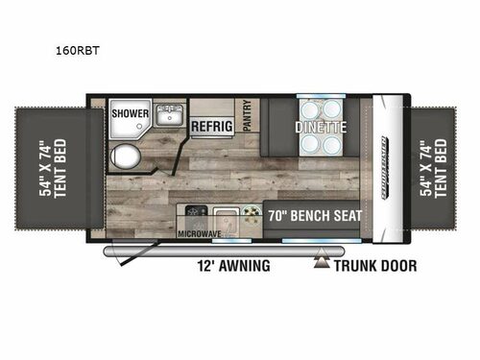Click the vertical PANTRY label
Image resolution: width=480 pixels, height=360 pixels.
pyautogui.click(x=247, y=118)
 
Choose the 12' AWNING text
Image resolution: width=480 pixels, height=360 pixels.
pyautogui.click(x=236, y=266)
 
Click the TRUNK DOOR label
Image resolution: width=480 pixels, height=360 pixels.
pyautogui.click(x=376, y=266)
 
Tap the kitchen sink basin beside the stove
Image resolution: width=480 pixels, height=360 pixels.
pyautogui.click(x=225, y=217)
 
